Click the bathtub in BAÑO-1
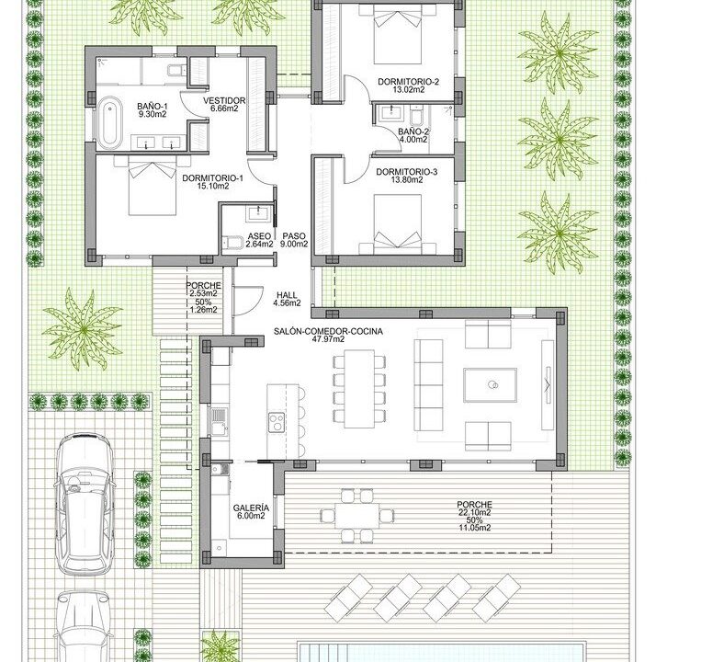[109, 122]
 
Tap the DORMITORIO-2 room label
[408, 82]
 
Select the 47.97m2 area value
[328, 339]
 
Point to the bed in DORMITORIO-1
[153, 186]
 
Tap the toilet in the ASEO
[232, 243]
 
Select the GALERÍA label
[251, 508]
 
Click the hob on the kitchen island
[277, 422]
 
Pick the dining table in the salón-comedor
[359, 389]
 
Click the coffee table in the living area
[490, 385]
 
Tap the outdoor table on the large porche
[356, 516]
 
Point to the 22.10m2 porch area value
[474, 513]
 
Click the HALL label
[287, 295]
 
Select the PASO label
[294, 236]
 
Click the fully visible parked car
[84, 503]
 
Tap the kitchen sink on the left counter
[219, 421]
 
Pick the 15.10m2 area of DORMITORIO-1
[213, 186]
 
